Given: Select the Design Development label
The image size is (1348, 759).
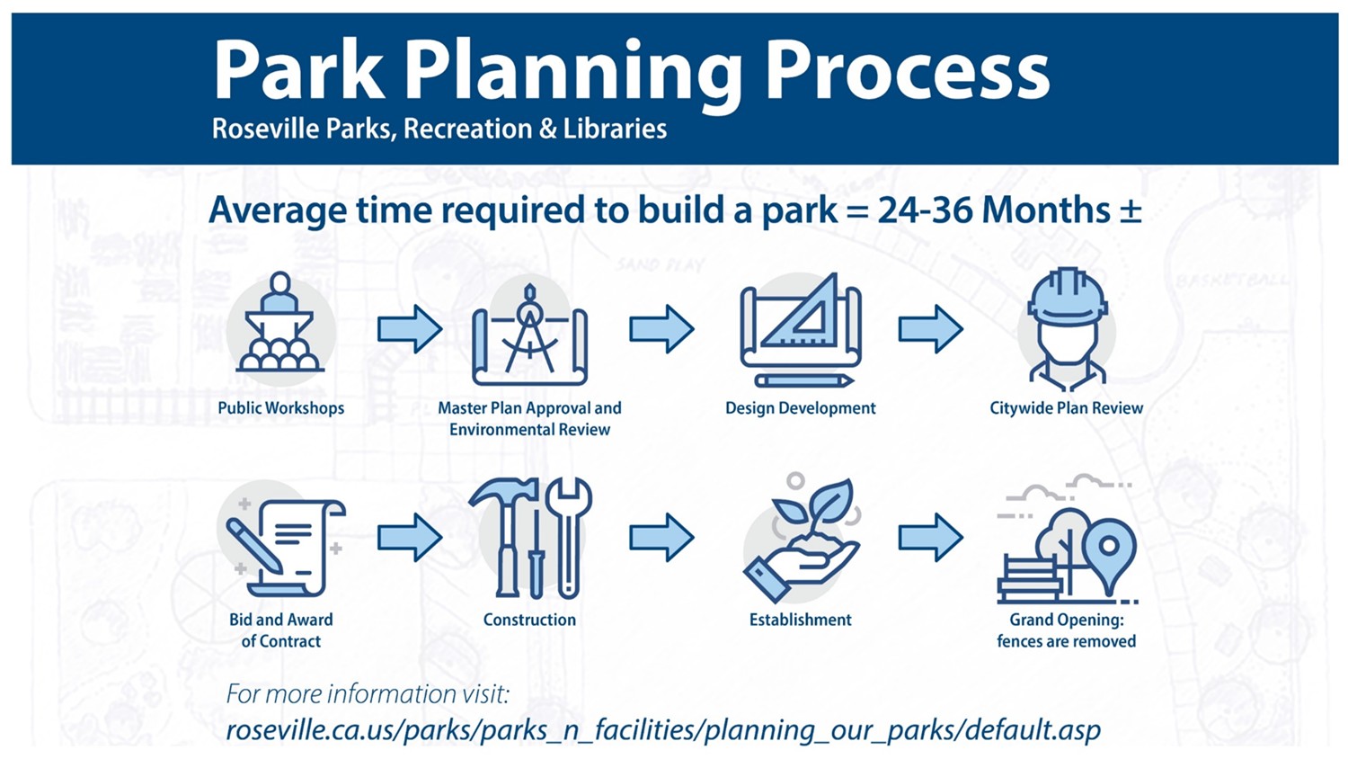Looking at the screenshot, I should point(800,408).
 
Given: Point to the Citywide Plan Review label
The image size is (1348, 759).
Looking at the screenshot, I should point(1066,408).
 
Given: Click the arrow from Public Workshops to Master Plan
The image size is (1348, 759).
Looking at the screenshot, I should point(409,328).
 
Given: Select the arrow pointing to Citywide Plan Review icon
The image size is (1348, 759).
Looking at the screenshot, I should point(930,328).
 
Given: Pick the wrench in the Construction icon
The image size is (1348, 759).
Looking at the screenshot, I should point(568,535).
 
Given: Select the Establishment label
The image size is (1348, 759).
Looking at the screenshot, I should point(800,621).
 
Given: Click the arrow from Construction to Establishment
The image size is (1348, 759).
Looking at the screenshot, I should point(661,538).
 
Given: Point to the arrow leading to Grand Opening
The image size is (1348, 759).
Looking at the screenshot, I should point(930,538).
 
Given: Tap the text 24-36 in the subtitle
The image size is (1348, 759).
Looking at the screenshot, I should point(925,210).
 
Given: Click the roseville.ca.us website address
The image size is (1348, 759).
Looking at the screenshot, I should point(662,730).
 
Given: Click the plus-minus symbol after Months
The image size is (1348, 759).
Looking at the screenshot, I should point(1130,210).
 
